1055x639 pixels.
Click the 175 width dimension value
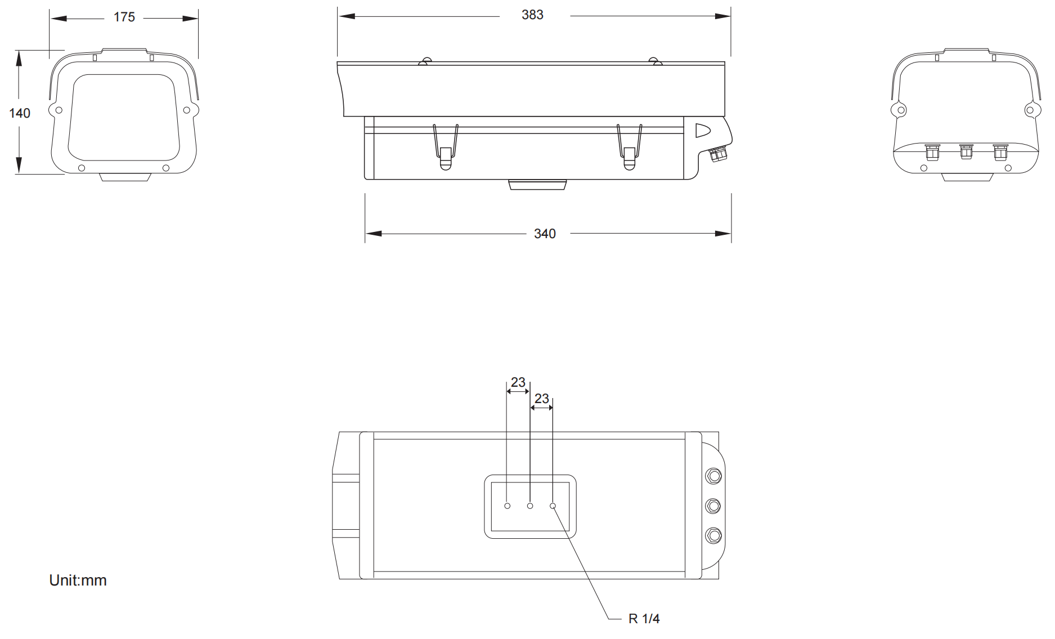click(124, 17)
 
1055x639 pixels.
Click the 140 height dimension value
click(20, 113)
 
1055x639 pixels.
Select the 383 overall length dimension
click(532, 15)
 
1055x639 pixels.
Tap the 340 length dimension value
click(545, 234)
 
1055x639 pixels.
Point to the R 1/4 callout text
click(644, 619)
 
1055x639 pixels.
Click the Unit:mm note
click(78, 580)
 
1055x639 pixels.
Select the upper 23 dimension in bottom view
click(518, 382)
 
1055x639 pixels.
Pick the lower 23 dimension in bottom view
click(542, 399)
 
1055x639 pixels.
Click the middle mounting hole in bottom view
click(530, 506)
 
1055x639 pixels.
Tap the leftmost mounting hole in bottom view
click(508, 506)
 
